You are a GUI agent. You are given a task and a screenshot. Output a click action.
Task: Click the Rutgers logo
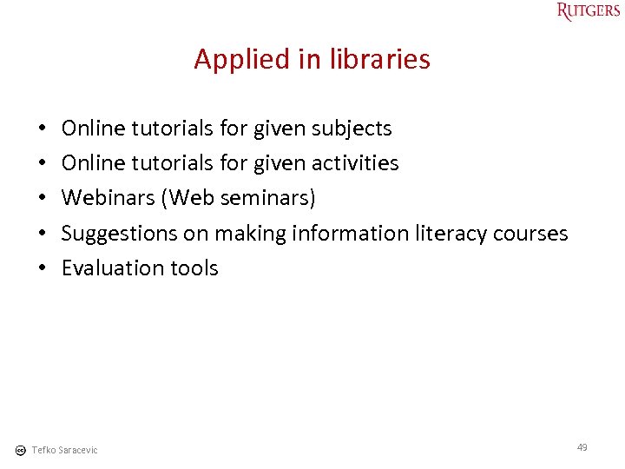point(589,11)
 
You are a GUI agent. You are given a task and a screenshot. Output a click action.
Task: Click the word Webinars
point(109,198)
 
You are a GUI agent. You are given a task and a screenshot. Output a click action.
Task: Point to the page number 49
point(582,447)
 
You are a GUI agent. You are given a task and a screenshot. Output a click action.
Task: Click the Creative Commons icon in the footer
point(20,450)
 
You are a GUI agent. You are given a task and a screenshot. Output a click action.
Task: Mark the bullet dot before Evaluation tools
point(43,268)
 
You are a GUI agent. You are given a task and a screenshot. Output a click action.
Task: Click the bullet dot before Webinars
point(43,198)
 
